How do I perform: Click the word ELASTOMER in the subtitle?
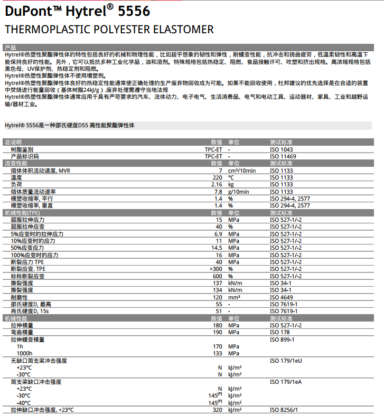tap(181, 30)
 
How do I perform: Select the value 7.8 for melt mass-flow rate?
tap(218, 192)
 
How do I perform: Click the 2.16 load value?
tap(217, 185)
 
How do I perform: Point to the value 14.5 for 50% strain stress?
tap(217, 248)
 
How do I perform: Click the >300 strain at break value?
tap(216, 269)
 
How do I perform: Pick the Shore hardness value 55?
tap(219, 304)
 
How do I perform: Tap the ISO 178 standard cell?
tap(279, 333)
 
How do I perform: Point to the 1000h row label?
tap(25, 353)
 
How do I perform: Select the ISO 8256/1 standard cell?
tap(284, 410)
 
